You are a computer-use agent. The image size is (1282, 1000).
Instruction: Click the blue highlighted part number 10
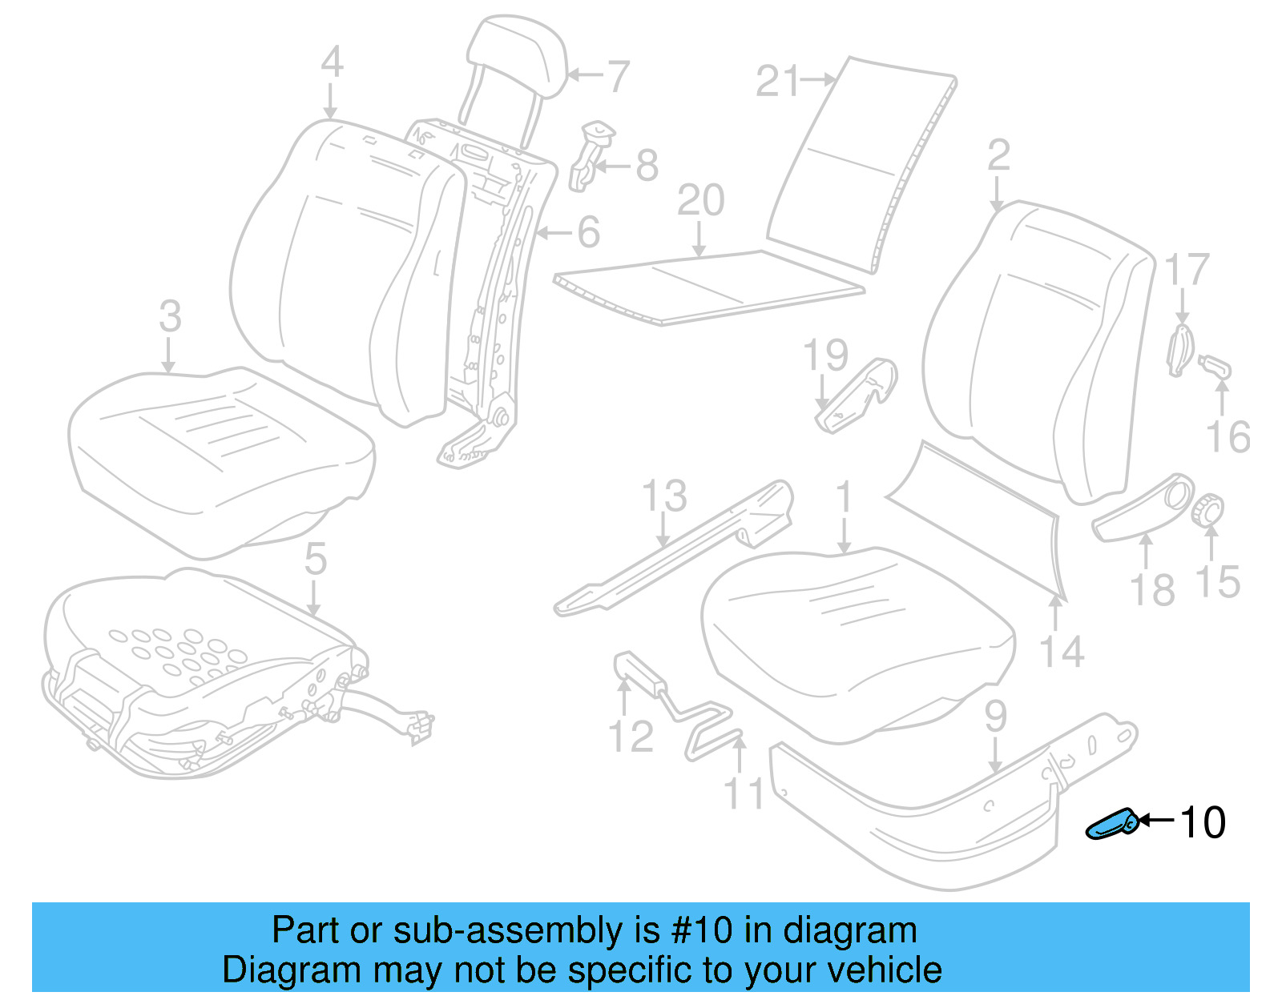coord(1111,825)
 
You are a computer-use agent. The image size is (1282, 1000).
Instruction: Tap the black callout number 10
coord(1203,823)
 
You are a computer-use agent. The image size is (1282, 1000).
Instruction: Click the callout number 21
coord(777,82)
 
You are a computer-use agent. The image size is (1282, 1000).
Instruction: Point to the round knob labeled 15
coord(1207,510)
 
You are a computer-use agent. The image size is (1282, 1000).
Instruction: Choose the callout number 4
coord(332,62)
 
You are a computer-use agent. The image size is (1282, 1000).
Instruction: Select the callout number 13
coord(664,496)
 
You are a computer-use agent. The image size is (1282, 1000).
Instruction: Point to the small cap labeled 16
coord(1215,368)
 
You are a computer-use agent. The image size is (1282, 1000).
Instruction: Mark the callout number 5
coord(315,558)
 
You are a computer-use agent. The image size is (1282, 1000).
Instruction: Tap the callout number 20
coord(700,200)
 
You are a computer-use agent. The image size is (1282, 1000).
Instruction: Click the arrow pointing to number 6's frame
coord(554,233)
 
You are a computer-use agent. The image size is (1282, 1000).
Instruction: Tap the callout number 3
coord(170,316)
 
